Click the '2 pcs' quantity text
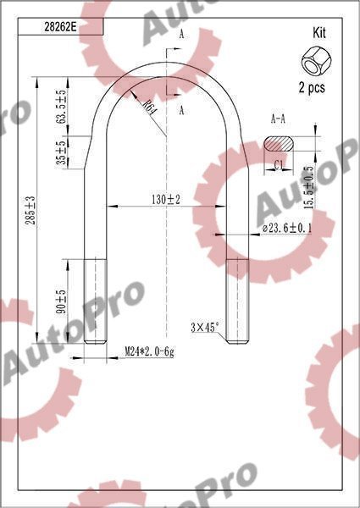click(x=313, y=86)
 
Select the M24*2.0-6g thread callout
click(x=149, y=351)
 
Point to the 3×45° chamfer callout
click(x=204, y=326)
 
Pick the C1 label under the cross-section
click(x=279, y=165)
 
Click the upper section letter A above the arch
click(x=181, y=34)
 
